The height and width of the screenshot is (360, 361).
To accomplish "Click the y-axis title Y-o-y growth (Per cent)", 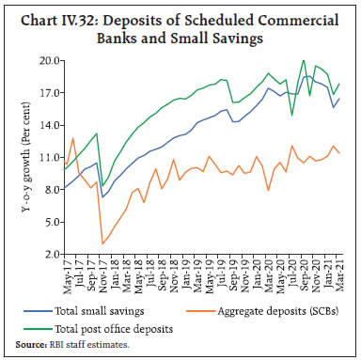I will tap(24, 157).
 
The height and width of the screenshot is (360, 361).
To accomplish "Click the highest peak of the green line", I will tap(303, 61).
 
